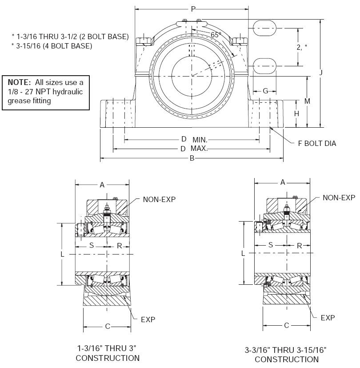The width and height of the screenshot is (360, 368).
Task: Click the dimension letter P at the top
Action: (x=193, y=8)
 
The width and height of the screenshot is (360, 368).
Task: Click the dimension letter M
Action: (x=307, y=101)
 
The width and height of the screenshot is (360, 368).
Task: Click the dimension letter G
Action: (x=265, y=91)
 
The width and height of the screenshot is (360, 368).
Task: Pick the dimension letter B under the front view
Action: (x=192, y=158)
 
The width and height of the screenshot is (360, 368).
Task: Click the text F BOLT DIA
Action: (x=317, y=143)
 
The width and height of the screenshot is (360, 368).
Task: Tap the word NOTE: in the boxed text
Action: (x=20, y=82)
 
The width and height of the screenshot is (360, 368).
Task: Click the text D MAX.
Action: (x=194, y=149)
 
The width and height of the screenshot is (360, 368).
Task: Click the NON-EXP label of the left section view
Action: (x=159, y=199)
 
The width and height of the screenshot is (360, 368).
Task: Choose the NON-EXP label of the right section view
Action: (x=339, y=198)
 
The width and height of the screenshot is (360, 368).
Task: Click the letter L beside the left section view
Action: (x=63, y=254)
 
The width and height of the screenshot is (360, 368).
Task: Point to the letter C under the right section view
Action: (x=286, y=325)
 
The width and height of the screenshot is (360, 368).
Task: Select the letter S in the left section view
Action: (x=92, y=245)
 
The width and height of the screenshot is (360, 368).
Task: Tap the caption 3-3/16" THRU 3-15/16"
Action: (x=285, y=351)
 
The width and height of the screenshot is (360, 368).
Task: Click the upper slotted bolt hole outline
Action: (x=265, y=27)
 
